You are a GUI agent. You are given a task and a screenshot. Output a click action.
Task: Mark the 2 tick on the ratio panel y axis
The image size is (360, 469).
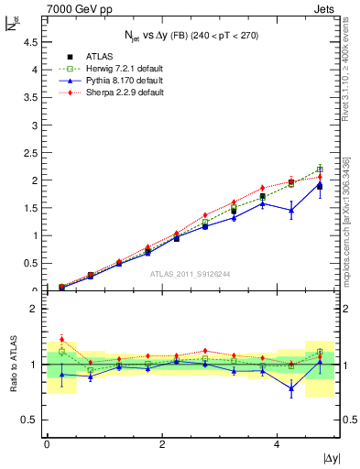click(34, 309)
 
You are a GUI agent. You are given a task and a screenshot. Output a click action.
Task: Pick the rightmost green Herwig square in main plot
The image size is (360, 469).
click(320, 169)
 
